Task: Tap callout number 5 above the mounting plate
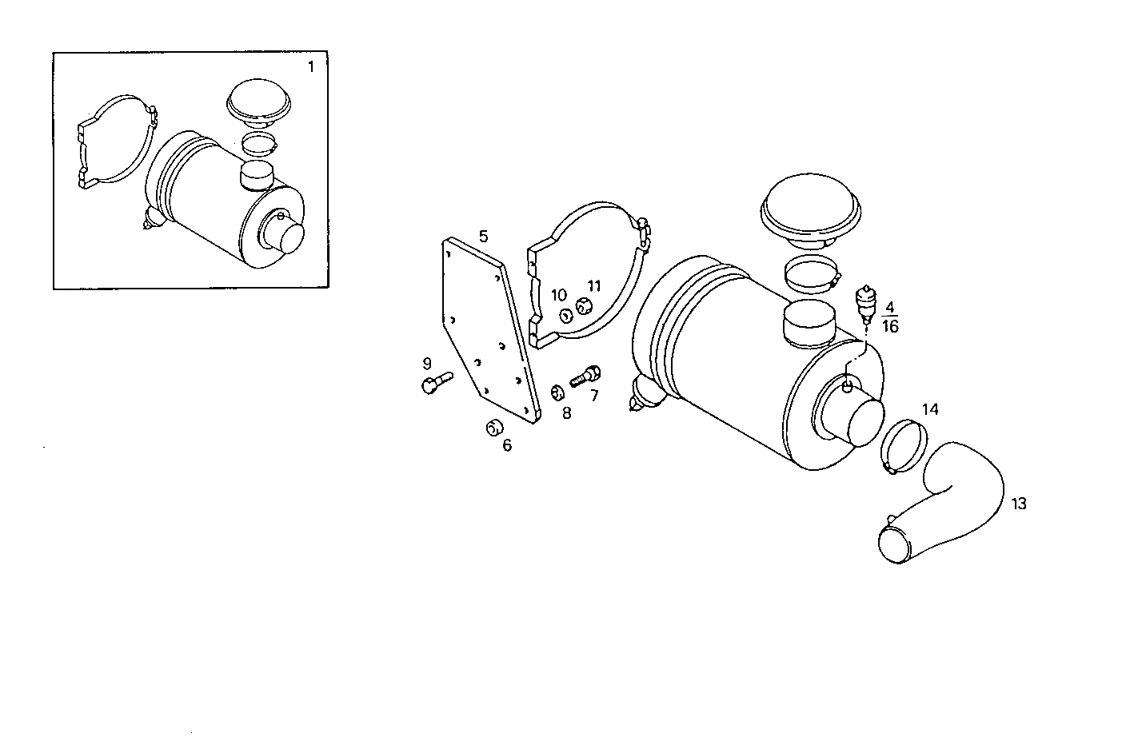point(483,236)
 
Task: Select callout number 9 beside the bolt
point(427,364)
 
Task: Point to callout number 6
point(507,445)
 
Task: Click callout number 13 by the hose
point(1019,504)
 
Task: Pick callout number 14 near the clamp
point(930,409)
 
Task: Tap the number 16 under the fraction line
point(890,326)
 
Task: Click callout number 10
point(558,296)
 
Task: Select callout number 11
point(593,285)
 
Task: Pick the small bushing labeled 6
point(493,427)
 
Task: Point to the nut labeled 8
point(559,392)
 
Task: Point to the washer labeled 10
point(565,316)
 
